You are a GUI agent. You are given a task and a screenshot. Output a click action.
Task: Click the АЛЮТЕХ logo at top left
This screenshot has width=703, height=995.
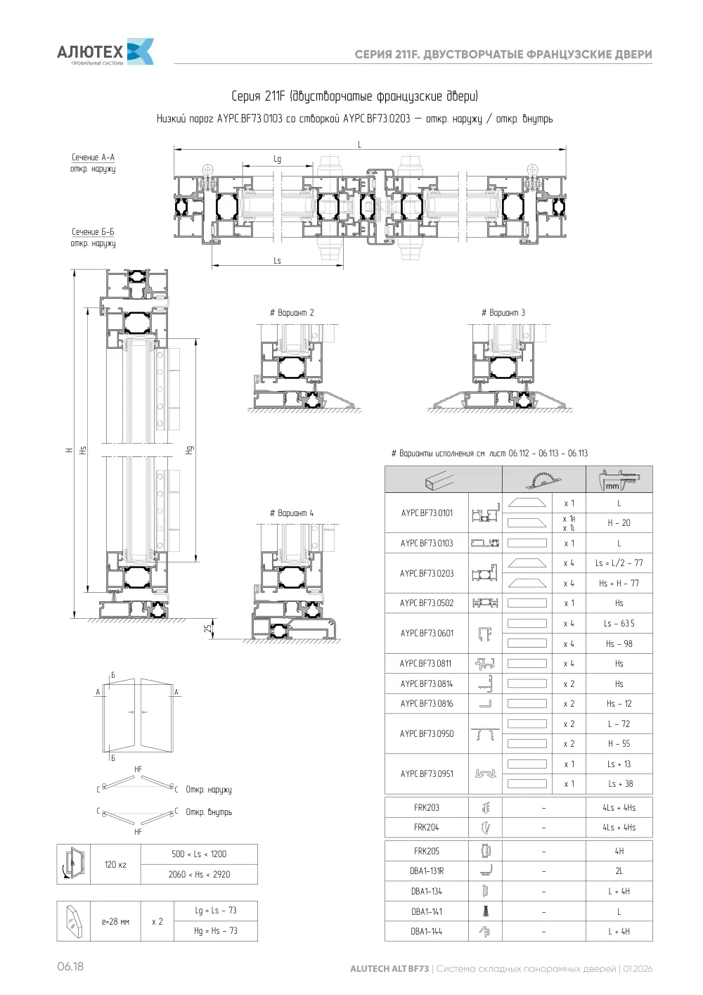(x=105, y=51)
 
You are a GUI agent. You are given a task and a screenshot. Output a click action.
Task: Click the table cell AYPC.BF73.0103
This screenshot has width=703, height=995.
(x=427, y=543)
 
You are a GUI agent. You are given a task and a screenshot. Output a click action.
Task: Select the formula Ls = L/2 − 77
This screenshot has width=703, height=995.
(x=619, y=563)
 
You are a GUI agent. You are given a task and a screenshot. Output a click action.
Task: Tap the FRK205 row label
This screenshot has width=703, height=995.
(x=426, y=851)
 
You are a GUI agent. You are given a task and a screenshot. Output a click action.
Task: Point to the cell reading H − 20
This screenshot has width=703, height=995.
(x=619, y=523)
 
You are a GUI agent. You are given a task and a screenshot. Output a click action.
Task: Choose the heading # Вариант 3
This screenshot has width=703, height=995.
(x=503, y=313)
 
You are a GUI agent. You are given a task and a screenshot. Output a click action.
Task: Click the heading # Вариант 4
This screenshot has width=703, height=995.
(x=292, y=513)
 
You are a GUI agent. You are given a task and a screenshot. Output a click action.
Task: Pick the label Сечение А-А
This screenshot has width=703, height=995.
(x=93, y=158)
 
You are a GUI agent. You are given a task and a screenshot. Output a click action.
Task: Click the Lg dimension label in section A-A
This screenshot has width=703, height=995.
(x=278, y=159)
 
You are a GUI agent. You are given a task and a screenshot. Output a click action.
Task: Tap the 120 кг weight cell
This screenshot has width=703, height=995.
(x=115, y=864)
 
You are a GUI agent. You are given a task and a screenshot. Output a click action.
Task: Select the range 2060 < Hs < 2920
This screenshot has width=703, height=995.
(x=200, y=874)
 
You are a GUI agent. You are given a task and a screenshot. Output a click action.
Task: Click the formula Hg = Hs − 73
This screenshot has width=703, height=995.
(x=216, y=930)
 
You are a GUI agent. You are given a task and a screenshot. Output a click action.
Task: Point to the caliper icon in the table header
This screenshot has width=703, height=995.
(x=619, y=480)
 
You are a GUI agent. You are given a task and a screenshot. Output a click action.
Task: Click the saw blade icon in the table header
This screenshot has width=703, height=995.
(x=543, y=480)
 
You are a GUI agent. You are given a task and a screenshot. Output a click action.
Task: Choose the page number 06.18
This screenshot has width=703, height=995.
(x=70, y=967)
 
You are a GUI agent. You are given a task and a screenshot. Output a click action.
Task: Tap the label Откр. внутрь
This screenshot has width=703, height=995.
(x=209, y=812)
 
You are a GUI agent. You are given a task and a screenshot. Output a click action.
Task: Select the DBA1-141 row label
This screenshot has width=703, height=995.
(x=426, y=911)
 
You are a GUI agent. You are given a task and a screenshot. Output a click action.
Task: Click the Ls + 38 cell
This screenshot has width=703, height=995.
(x=619, y=784)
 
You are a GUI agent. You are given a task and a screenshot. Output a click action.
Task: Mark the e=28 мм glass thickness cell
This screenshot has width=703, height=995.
(x=115, y=922)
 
